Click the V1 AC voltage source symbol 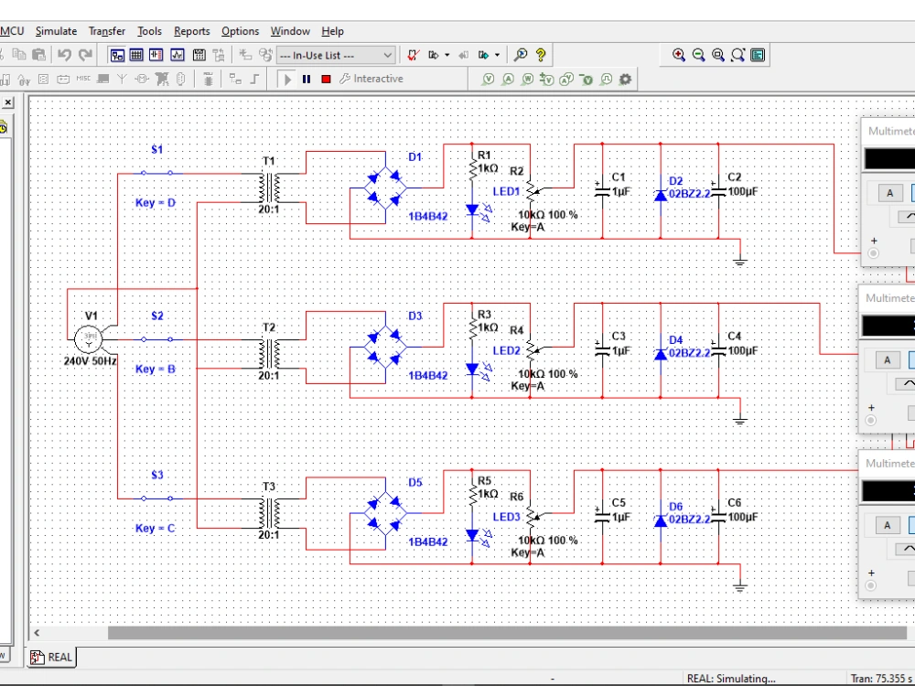90,338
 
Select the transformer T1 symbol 269,188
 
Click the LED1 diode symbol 472,209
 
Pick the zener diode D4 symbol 660,353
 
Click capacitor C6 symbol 718,517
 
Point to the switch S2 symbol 157,339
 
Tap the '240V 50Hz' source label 91,361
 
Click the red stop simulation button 326,80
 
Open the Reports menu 191,31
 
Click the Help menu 332,31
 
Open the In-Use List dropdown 336,56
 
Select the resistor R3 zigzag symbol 472,327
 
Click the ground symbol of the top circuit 740,262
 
